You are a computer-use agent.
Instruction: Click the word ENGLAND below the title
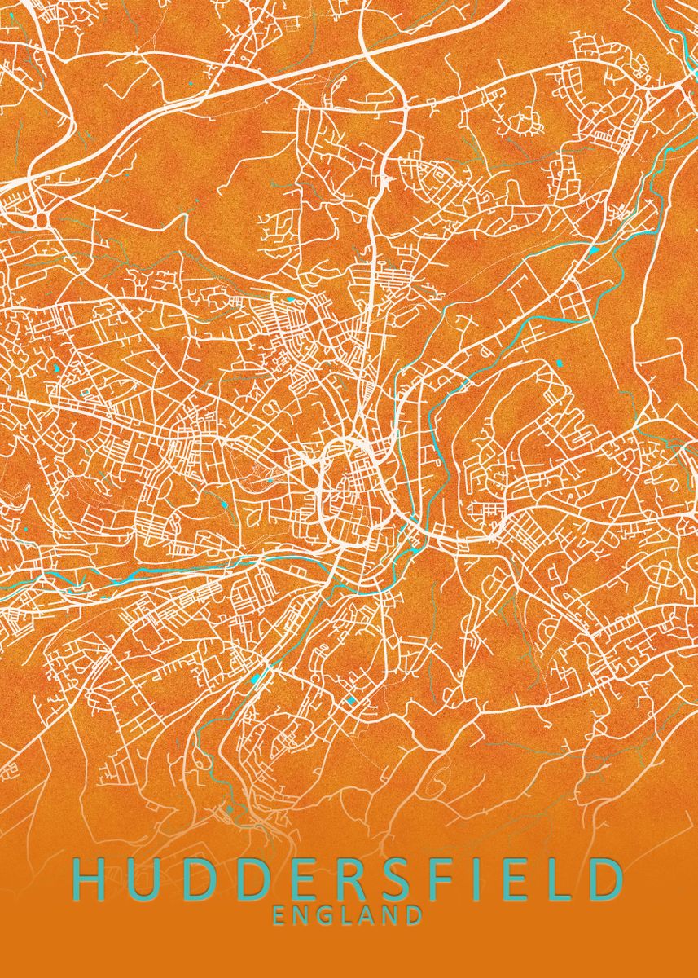click(348, 915)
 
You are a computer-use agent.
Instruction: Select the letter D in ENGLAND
click(415, 915)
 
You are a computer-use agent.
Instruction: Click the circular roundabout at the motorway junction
click(40, 219)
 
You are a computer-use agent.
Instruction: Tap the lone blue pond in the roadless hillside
click(560, 362)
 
